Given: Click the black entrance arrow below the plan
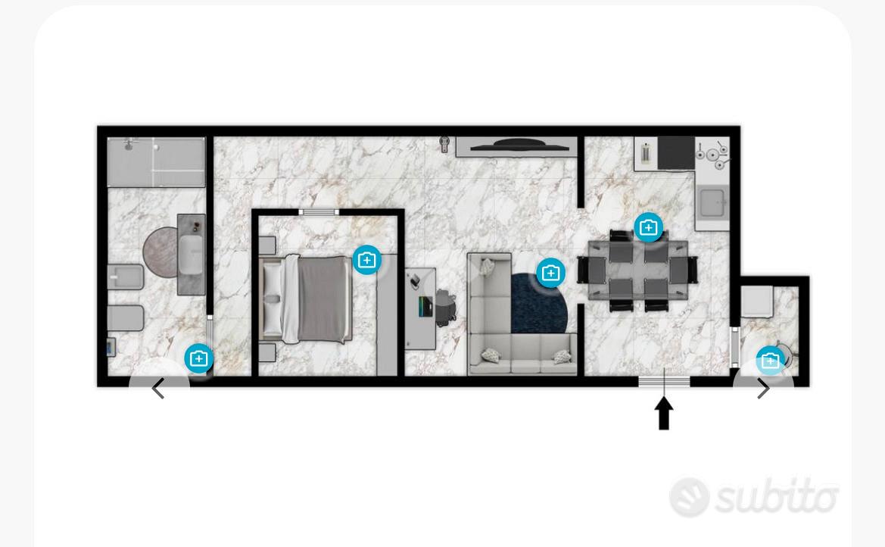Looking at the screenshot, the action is tap(664, 413).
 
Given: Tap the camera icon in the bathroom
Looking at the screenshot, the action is tap(198, 359).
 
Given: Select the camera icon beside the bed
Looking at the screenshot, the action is tap(367, 260).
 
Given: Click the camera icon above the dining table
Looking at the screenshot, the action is tap(649, 228).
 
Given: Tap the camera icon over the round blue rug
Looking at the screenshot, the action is tap(550, 273).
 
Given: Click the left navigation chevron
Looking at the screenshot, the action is tap(158, 388).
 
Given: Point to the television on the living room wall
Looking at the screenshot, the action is tap(520, 145).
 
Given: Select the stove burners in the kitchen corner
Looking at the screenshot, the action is tap(713, 154).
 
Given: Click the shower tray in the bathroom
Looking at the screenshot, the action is tap(157, 162).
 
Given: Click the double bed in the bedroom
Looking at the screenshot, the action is tap(305, 299).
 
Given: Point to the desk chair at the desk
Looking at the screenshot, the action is tap(445, 307).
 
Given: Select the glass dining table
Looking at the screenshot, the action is tap(637, 269).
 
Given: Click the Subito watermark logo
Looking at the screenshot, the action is tap(754, 497).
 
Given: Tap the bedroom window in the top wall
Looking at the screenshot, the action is tap(319, 212).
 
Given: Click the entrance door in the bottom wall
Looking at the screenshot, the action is tap(664, 381).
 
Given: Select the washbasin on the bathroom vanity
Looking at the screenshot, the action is tap(191, 255).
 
